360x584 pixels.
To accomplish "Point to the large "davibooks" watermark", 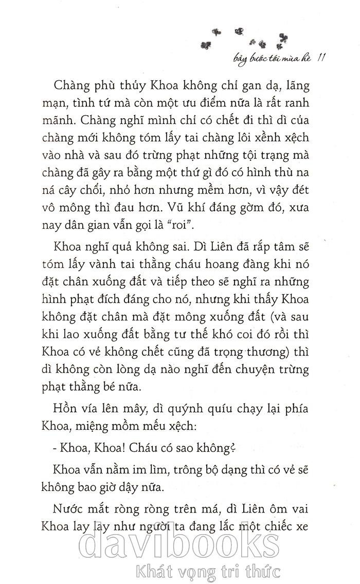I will pyautogui.click(x=180, y=540).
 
